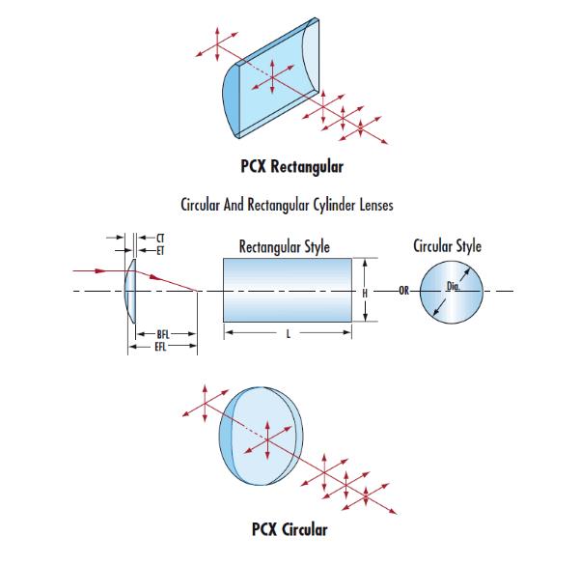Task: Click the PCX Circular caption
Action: coord(290,528)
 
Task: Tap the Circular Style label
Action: coord(447,246)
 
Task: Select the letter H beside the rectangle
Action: coord(365,293)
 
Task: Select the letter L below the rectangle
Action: coord(290,336)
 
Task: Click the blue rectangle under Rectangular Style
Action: coord(287,290)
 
